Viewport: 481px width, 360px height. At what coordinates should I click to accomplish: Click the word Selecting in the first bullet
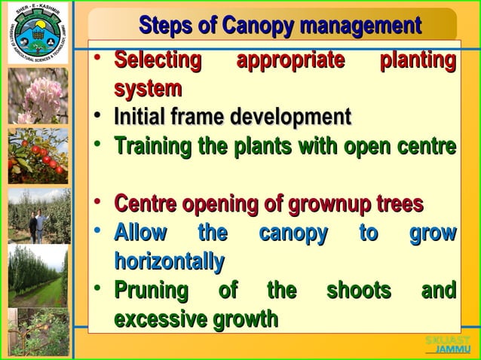coord(158,59)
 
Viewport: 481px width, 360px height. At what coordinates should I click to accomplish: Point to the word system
coord(148,89)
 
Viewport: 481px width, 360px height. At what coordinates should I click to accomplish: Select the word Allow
coord(140,233)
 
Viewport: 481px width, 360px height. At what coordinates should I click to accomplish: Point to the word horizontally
coord(169,262)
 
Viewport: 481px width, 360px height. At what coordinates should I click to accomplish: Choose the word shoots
coord(358,291)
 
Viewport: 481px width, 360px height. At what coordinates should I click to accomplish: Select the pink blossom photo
coord(37,96)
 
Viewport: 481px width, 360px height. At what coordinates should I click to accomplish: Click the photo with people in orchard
coord(37,215)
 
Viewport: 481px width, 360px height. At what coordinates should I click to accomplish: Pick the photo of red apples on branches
coord(37,156)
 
